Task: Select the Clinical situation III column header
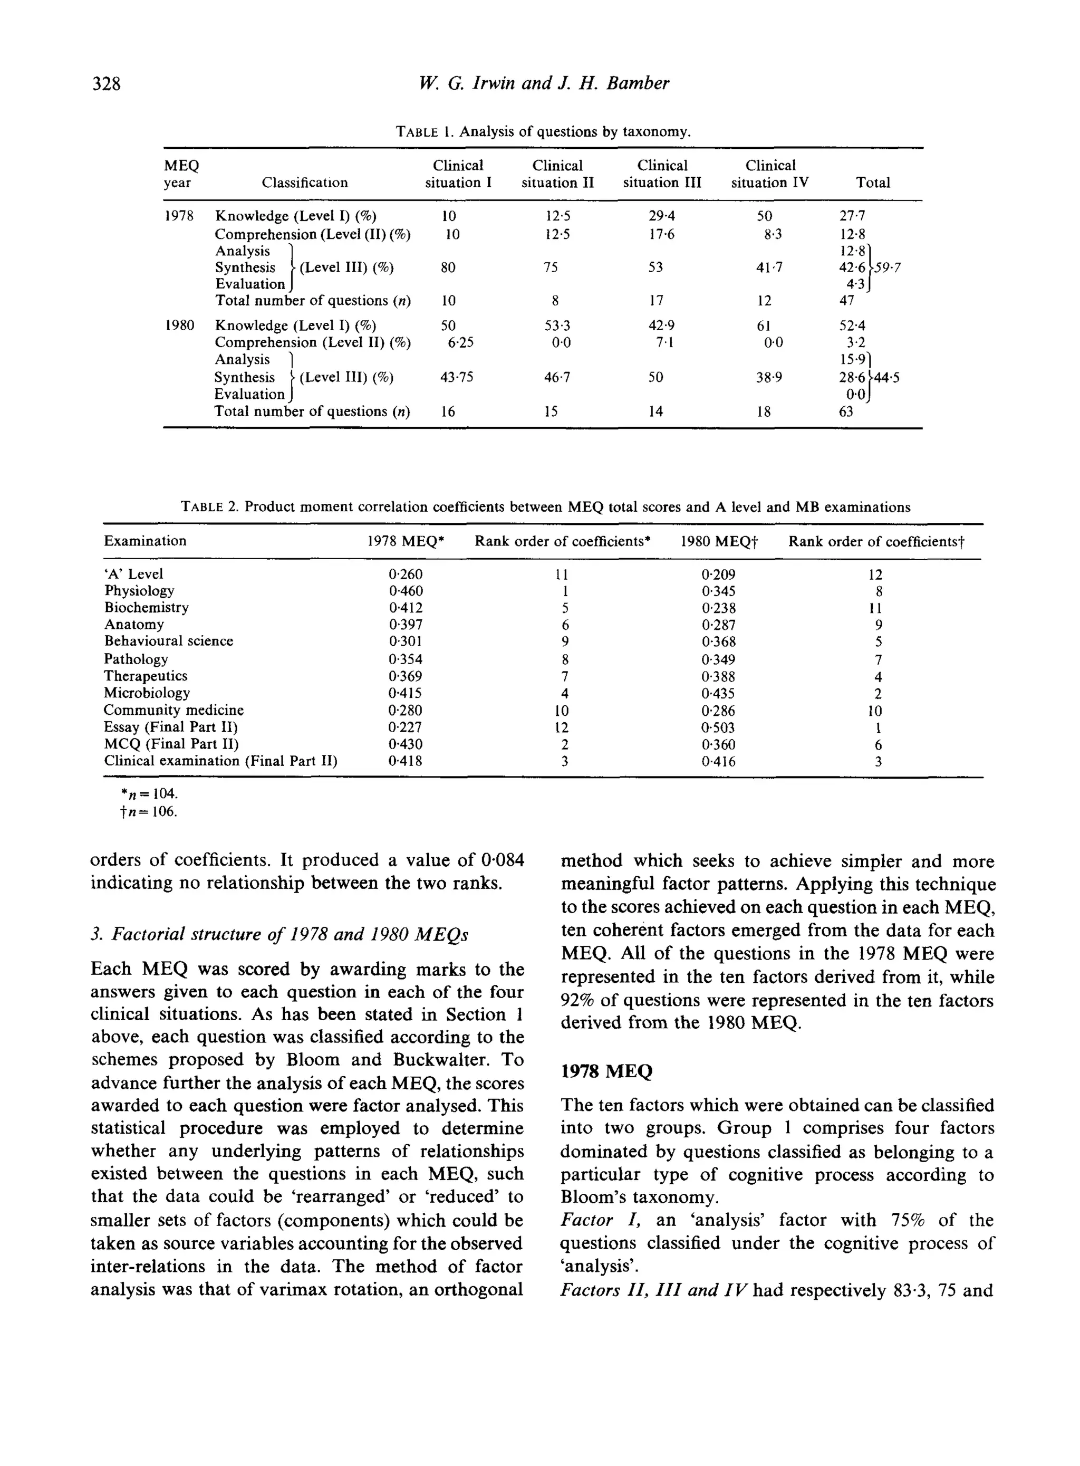[662, 174]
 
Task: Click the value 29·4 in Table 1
[657, 216]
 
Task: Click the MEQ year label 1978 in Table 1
[178, 216]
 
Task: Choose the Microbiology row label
[147, 693]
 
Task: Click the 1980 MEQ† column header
[718, 541]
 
